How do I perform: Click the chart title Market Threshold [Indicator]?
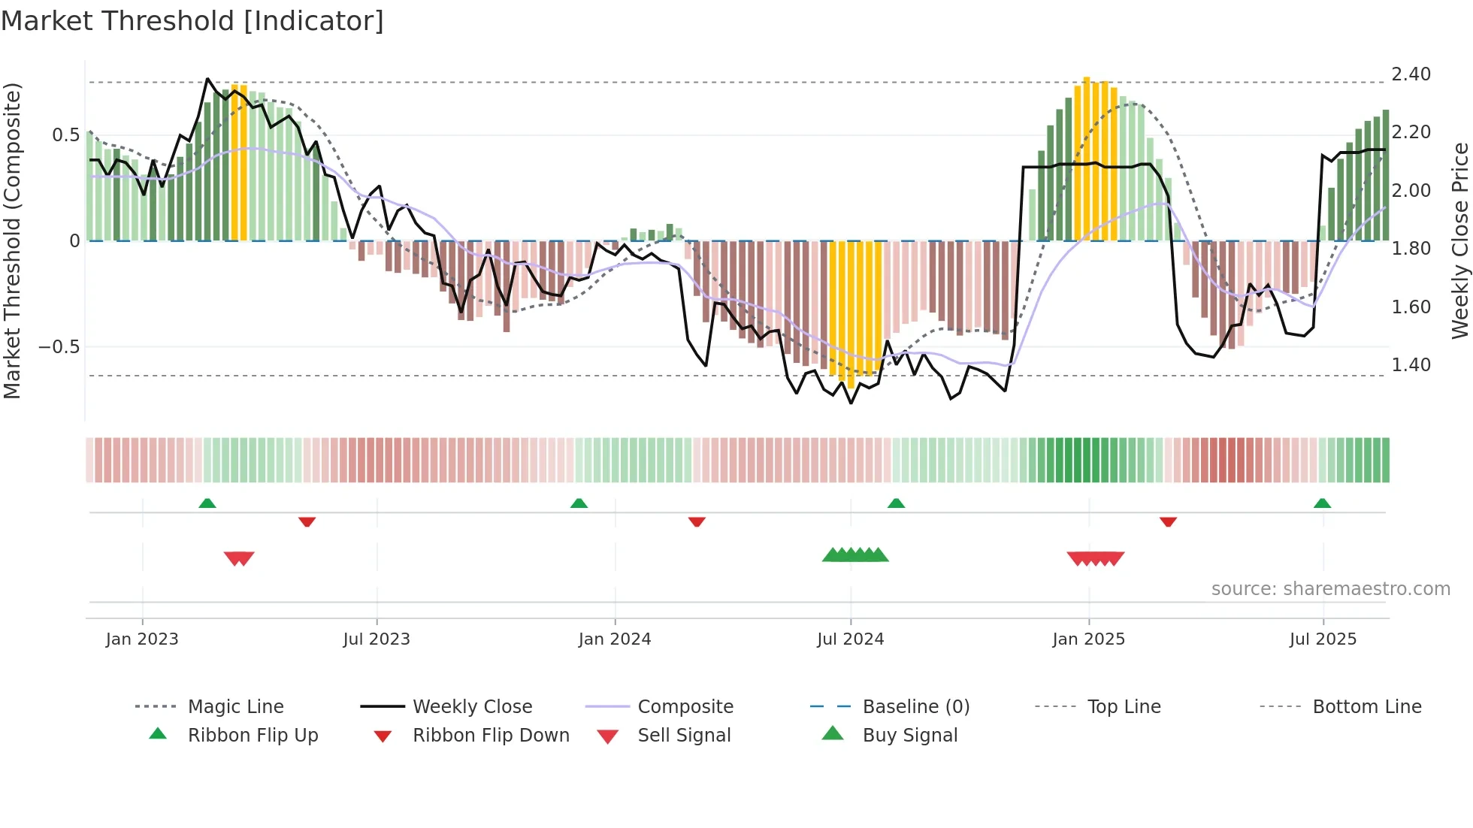[192, 21]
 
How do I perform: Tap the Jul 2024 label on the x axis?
[850, 639]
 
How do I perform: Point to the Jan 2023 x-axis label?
[142, 639]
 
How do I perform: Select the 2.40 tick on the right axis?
[1411, 74]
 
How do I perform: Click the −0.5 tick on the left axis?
[59, 347]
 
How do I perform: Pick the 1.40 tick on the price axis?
[1411, 365]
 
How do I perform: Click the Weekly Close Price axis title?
[1459, 240]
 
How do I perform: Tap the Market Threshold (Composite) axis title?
[12, 240]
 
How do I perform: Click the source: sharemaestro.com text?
[1330, 589]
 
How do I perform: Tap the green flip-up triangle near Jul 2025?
[1322, 503]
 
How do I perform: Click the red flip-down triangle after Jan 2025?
[1168, 521]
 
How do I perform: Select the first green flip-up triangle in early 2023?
[207, 503]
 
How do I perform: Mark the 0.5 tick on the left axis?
[65, 135]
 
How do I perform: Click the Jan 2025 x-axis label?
[1088, 639]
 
